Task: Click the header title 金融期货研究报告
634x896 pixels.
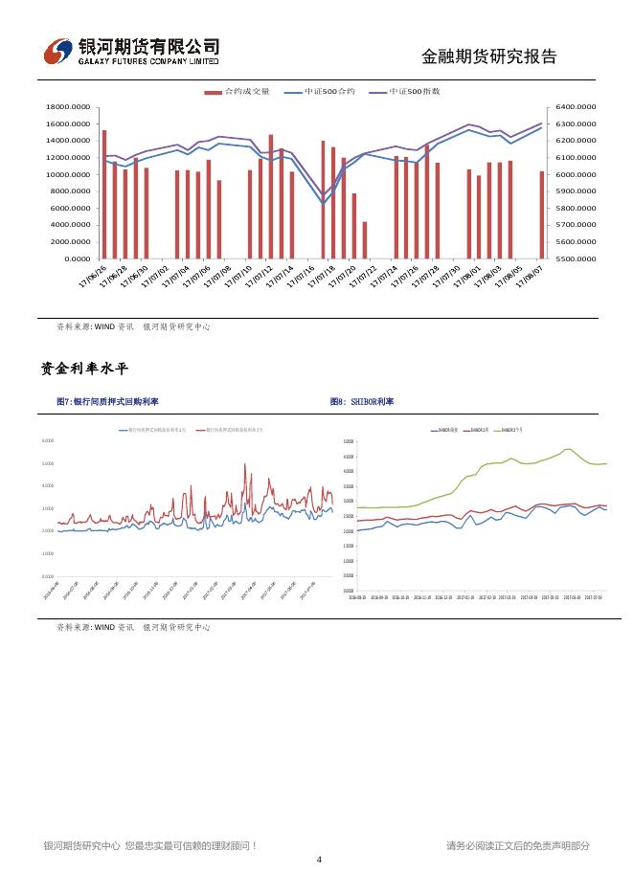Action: [489, 56]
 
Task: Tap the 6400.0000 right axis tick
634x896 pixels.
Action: [574, 107]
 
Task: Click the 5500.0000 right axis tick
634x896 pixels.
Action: [574, 258]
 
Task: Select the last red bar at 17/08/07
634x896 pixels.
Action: [542, 214]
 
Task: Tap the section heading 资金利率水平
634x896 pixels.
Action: [84, 369]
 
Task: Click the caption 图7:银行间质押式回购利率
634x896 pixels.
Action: [108, 402]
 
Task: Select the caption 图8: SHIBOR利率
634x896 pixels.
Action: [362, 402]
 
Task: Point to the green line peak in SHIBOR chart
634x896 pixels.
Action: [568, 448]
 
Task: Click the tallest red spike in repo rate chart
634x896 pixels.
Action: [245, 465]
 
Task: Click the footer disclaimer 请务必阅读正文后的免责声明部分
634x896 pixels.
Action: [517, 845]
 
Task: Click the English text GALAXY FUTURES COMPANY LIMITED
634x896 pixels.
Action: [148, 60]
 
